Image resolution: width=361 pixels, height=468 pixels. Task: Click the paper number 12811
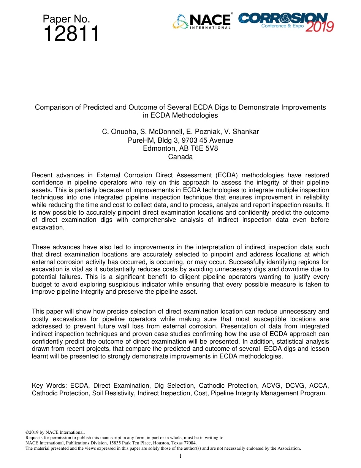[71, 34]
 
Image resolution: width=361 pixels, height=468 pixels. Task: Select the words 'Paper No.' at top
[66, 19]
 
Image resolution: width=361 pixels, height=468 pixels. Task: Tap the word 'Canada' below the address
[180, 157]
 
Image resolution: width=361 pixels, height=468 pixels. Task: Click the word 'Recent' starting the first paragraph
[42, 175]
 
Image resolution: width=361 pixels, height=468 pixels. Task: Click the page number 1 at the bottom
[180, 456]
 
